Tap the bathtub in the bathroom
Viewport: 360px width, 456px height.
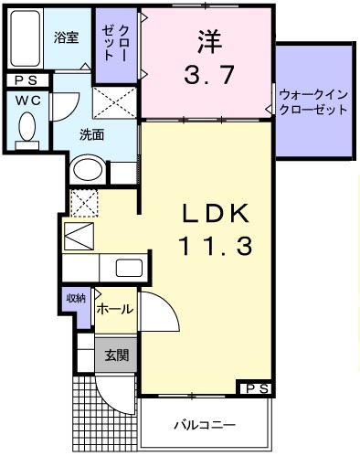pos(26,40)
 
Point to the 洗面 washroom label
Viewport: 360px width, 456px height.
pos(91,135)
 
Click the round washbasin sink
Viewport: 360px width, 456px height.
pos(88,169)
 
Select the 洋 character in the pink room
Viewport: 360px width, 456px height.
pos(207,40)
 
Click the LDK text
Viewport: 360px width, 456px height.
pos(216,213)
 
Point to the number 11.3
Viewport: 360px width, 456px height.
pos(216,245)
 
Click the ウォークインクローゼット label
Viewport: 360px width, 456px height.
pos(313,101)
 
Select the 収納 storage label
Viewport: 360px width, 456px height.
pos(76,297)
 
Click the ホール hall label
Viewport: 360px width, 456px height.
pos(115,310)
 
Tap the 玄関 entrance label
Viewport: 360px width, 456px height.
pos(115,355)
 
